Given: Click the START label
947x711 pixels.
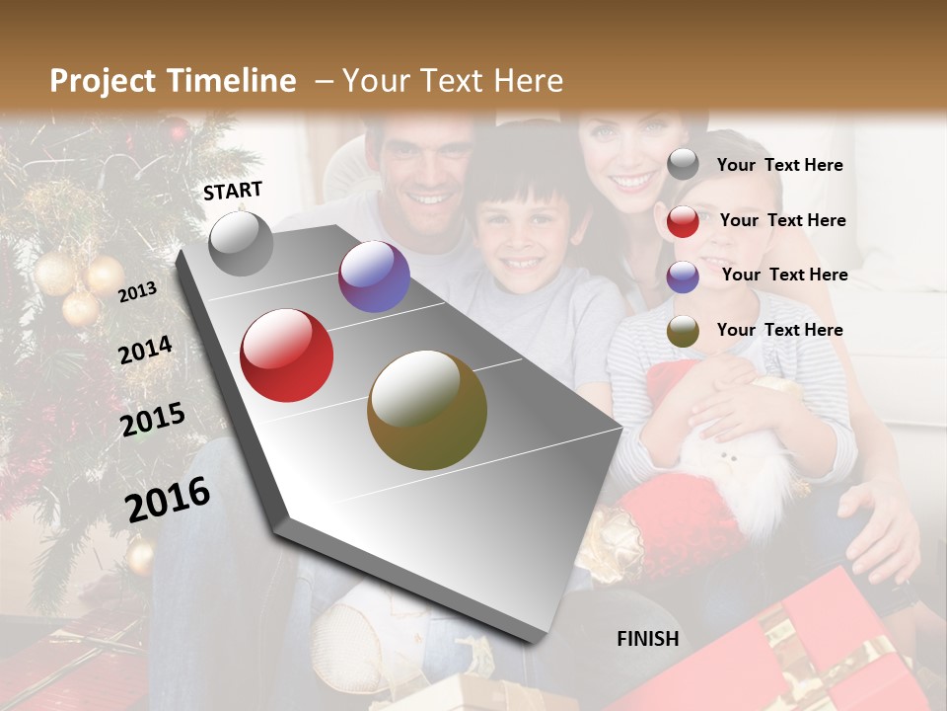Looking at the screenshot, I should coord(233,191).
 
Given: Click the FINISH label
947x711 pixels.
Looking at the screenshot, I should coord(647,639).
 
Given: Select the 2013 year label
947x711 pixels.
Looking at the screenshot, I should coord(138,291).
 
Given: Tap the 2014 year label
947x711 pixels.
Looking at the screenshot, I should coord(145,350).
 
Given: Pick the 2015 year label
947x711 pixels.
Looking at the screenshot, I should coord(153,420).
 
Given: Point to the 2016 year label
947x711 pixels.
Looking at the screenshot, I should coord(168,499).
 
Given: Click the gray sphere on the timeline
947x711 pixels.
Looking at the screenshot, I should coord(242,244).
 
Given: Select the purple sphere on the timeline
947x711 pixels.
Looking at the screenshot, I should coord(374,276).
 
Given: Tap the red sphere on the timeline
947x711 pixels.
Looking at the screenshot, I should coord(287,355).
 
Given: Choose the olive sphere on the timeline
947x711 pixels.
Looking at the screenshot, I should coord(427,410).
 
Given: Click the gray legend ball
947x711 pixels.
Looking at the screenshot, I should coord(683,165).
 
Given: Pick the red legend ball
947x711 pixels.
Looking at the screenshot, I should coord(683,221).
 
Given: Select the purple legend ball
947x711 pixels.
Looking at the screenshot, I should coord(683,276).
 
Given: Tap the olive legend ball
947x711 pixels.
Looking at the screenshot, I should coord(683,332).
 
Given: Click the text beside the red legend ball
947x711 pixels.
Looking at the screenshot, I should coord(782,220).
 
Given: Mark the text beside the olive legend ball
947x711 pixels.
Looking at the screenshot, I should coord(779,330).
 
